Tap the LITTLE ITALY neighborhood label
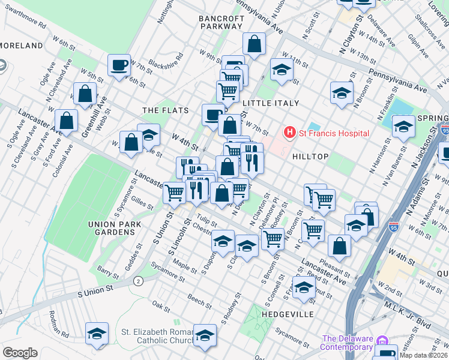point(270,103)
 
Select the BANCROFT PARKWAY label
point(221,23)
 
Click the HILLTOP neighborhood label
point(310,157)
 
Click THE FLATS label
point(165,110)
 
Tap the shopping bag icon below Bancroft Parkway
point(255,44)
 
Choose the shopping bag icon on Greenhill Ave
point(85,94)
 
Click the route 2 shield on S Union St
point(139,281)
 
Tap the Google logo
point(20,352)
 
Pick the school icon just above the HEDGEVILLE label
point(304,286)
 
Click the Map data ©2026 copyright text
point(423,355)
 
